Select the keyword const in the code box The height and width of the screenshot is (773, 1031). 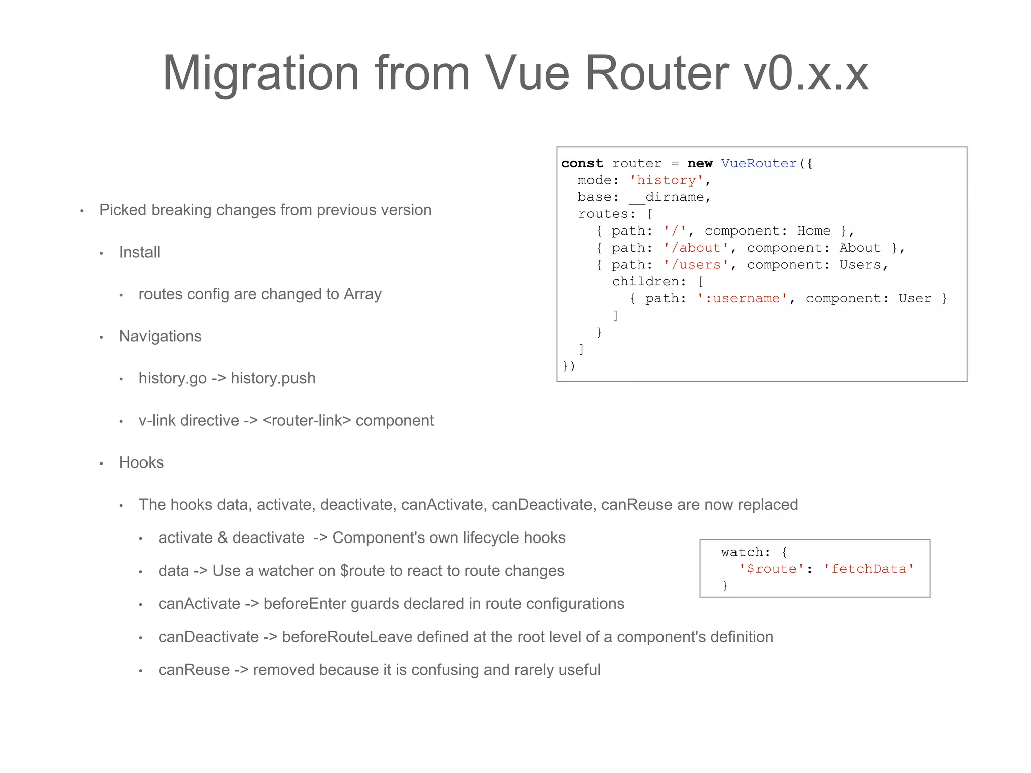[582, 163]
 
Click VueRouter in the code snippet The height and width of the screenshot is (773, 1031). [759, 163]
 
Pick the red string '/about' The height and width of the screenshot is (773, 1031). [696, 248]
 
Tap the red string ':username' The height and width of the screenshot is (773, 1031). [743, 298]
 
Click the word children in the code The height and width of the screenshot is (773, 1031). [645, 281]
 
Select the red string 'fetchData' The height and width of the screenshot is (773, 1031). [868, 569]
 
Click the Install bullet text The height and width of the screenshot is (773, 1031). [139, 252]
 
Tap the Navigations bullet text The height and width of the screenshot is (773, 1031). [160, 336]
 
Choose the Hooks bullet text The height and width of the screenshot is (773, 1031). [141, 462]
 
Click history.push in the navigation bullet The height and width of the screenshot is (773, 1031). [273, 378]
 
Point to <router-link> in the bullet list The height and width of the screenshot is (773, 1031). [307, 420]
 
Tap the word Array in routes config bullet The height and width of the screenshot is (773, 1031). [362, 294]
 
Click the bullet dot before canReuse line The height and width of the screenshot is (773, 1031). [141, 671]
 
